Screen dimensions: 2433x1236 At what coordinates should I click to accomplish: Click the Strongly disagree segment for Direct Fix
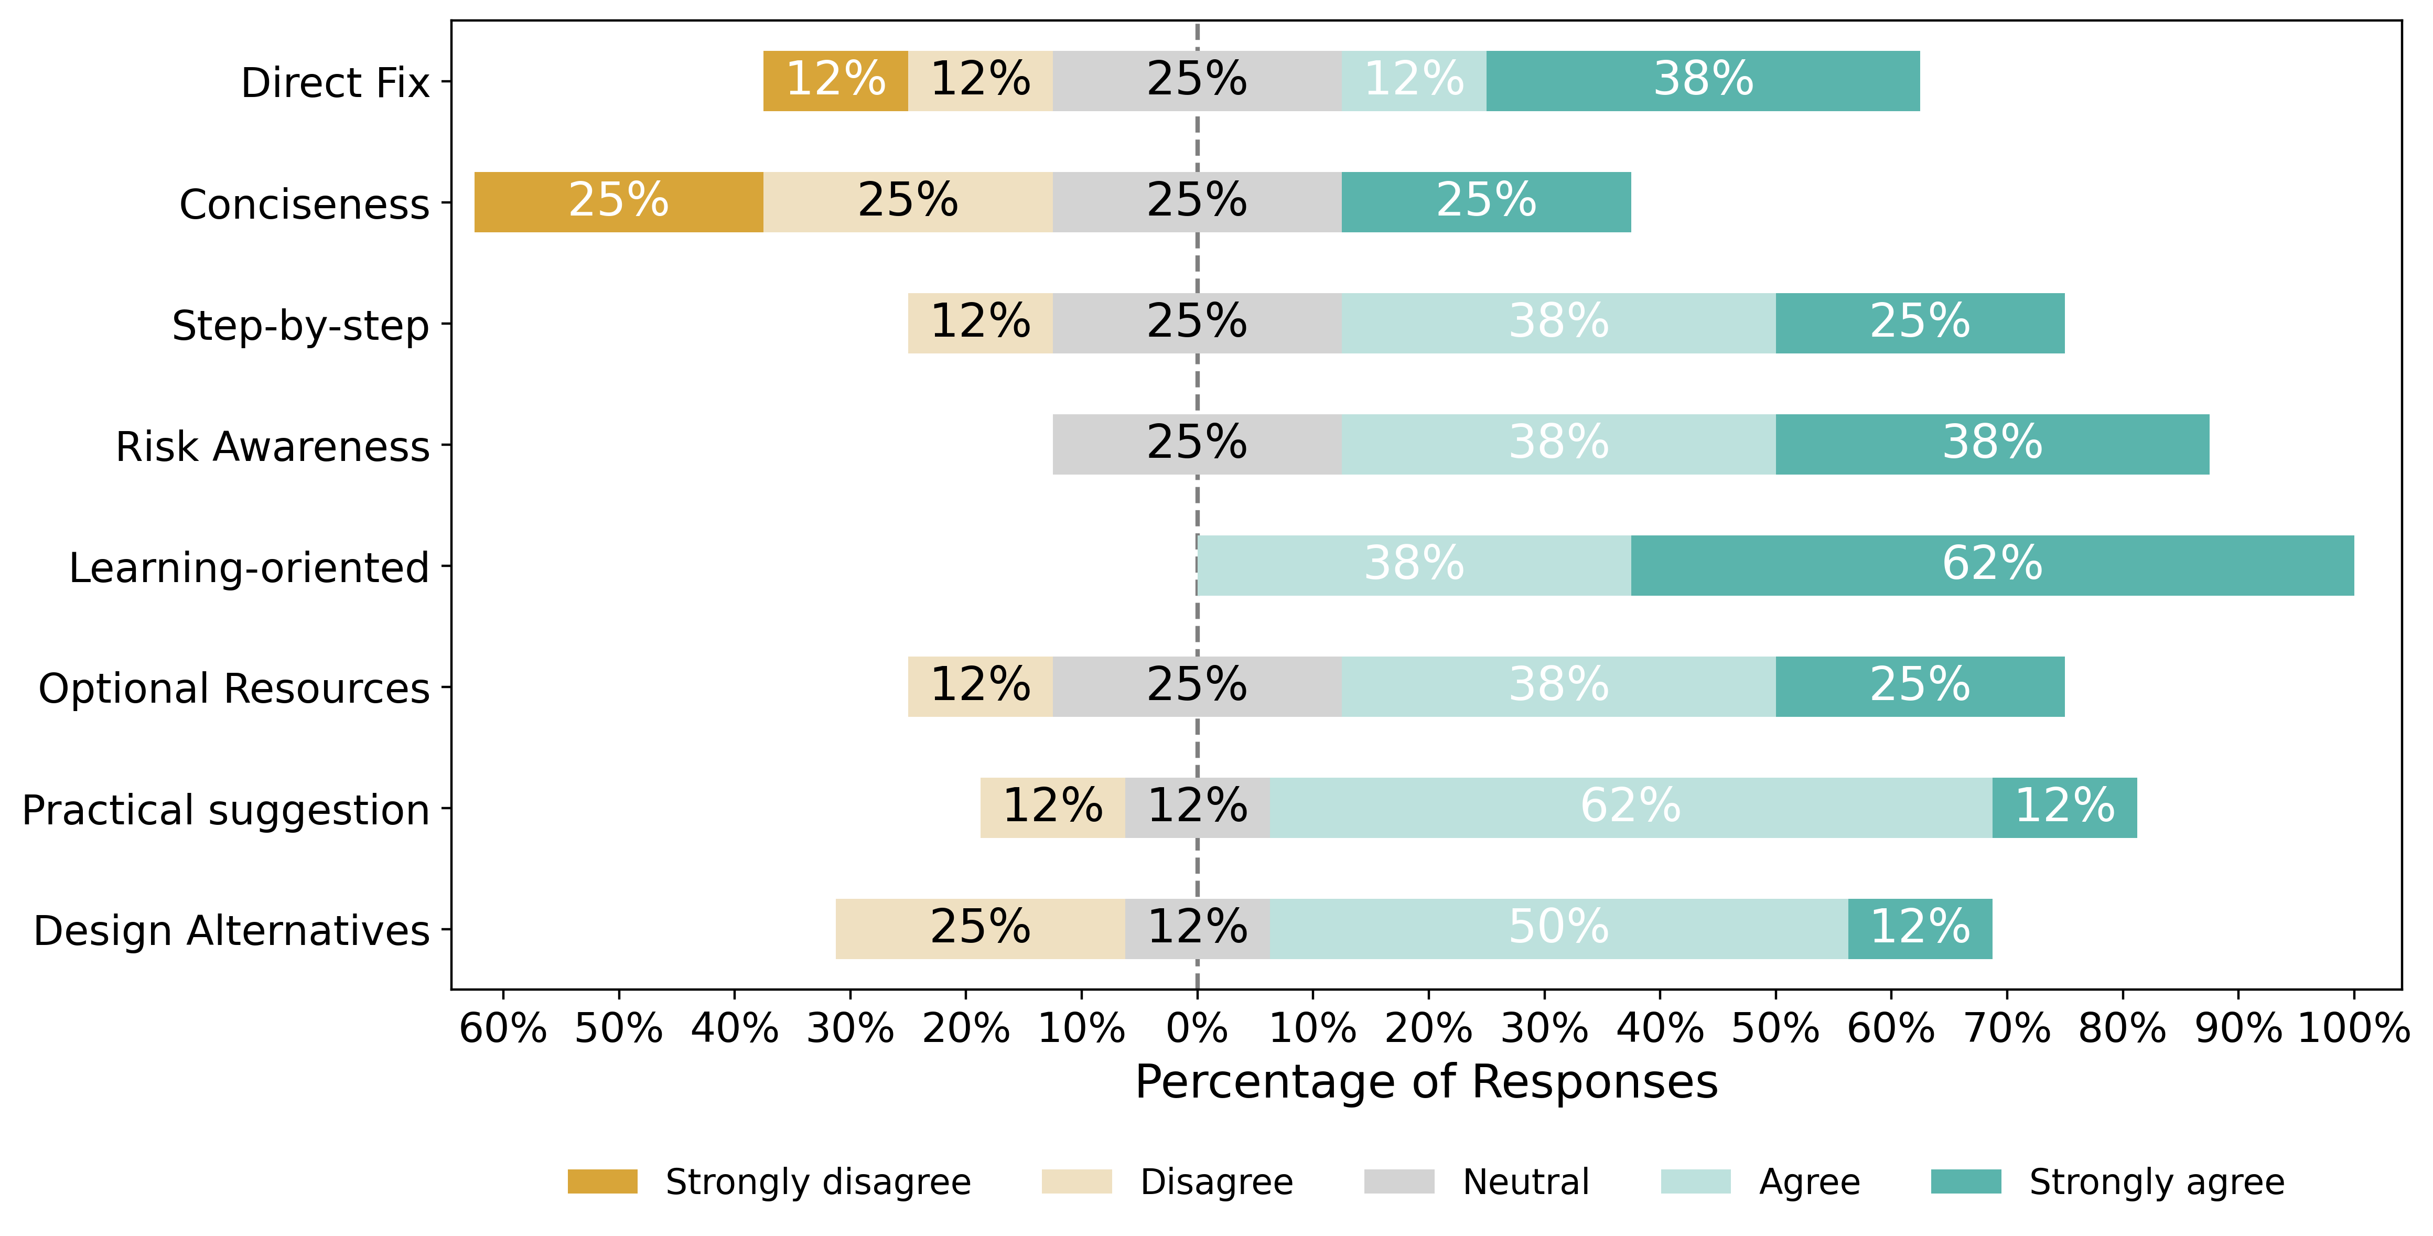click(x=836, y=81)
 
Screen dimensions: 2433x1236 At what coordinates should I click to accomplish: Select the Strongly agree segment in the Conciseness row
click(x=1487, y=202)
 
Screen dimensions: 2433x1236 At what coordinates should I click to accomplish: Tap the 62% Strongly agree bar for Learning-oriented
click(x=1993, y=566)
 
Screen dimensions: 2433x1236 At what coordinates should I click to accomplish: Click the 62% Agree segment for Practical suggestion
click(x=1631, y=808)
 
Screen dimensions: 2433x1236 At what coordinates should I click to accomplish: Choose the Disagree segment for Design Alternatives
click(x=981, y=929)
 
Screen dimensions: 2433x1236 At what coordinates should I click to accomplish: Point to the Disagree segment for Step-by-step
click(x=981, y=323)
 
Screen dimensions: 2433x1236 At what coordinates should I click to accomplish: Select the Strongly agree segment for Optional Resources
click(x=1920, y=686)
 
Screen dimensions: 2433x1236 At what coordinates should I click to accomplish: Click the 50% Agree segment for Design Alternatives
click(x=1559, y=929)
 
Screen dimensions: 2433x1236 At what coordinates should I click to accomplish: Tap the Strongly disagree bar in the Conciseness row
click(x=619, y=202)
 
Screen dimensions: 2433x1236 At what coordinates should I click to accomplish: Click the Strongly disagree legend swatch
click(x=602, y=1181)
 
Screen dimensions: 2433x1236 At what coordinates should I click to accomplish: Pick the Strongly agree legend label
click(x=2157, y=1182)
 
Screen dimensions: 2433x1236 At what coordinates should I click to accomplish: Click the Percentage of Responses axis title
click(x=1426, y=1082)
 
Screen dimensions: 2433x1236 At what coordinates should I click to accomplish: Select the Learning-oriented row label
click(x=250, y=567)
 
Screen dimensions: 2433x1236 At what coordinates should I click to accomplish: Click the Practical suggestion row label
click(x=225, y=810)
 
